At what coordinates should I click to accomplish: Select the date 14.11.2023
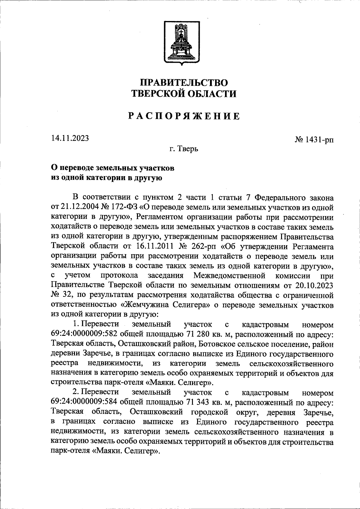pos(70,138)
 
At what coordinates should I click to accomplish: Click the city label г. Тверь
pos(183,149)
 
